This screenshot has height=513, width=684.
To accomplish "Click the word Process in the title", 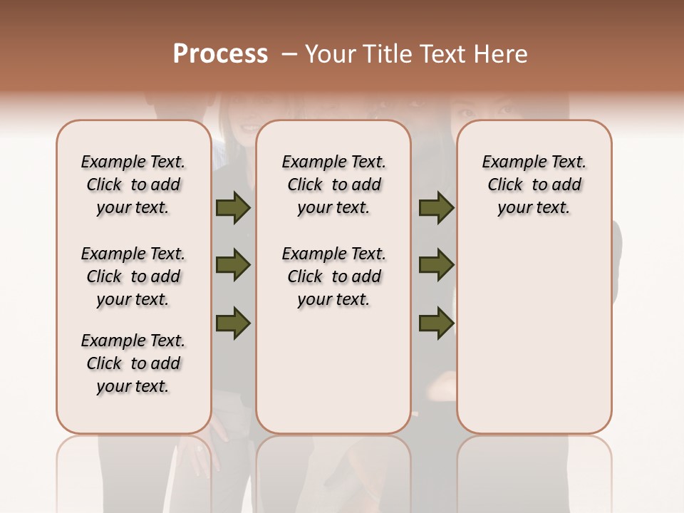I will tap(220, 54).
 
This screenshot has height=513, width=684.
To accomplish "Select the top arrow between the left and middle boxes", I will tap(233, 207).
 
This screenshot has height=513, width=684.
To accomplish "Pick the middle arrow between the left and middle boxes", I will tap(233, 265).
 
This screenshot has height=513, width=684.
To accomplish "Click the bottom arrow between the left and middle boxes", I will tap(233, 323).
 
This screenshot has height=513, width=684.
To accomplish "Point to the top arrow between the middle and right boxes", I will tap(436, 207).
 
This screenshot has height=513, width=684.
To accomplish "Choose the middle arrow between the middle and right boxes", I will tap(436, 265).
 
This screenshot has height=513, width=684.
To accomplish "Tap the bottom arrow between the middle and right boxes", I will tap(436, 323).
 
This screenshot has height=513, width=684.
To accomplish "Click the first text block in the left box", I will tap(133, 185).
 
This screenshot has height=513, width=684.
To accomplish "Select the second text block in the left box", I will tap(133, 276).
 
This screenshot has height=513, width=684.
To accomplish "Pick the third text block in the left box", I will tap(133, 363).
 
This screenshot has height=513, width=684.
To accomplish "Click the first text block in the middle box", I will tap(333, 185).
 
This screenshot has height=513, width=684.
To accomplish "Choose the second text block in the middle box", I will tap(333, 276).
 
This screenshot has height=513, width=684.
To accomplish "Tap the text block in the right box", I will tap(534, 185).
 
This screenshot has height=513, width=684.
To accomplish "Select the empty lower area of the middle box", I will tap(333, 370).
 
